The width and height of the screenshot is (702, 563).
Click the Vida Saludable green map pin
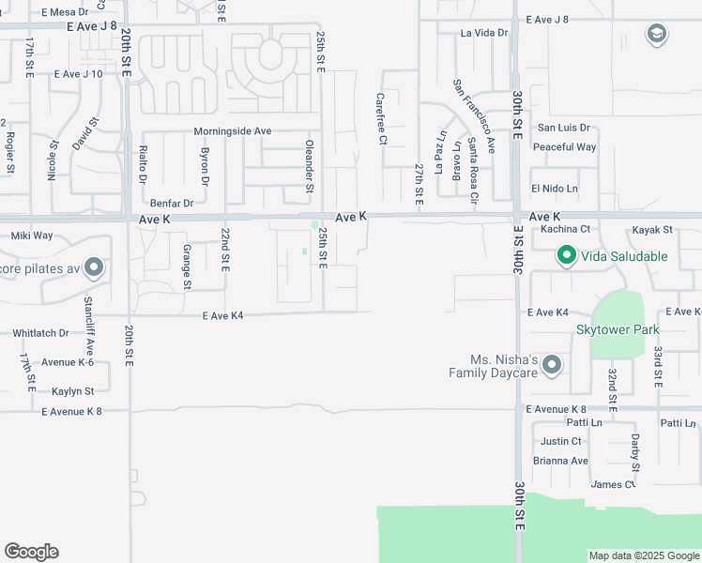tap(567, 255)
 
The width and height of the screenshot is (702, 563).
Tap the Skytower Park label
tap(618, 329)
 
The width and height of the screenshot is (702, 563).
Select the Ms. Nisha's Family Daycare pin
tap(552, 365)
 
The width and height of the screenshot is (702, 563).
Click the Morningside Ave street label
tap(232, 131)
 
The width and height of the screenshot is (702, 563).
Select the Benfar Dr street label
tap(171, 203)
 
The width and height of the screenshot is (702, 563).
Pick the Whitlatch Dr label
tap(41, 333)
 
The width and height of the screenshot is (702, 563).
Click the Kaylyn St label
tap(73, 390)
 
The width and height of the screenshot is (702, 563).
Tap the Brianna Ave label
tap(561, 461)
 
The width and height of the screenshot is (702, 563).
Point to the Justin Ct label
tap(561, 441)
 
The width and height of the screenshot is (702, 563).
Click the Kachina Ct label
tap(565, 229)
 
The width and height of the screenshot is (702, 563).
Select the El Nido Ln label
tap(555, 189)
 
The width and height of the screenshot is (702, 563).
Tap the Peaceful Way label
tap(564, 147)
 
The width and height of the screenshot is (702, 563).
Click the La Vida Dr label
tap(484, 33)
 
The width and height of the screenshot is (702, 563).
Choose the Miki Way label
tap(32, 236)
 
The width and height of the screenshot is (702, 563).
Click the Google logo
tap(31, 552)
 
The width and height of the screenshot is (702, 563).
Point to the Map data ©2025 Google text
tap(644, 555)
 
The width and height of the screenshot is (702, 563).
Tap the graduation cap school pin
tap(656, 36)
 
